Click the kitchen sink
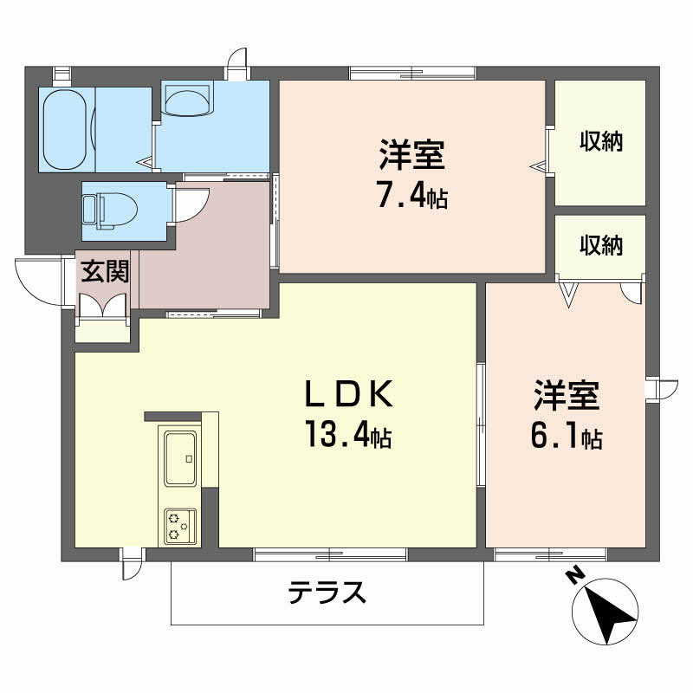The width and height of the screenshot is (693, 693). (x=180, y=457)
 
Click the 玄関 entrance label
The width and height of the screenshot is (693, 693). (x=106, y=271)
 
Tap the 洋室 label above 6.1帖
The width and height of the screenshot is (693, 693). (x=567, y=397)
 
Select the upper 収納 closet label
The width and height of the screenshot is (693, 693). (x=601, y=141)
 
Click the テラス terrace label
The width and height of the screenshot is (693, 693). (x=327, y=593)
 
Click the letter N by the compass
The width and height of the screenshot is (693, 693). (x=573, y=574)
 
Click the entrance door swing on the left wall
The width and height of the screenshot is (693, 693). (x=37, y=280)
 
